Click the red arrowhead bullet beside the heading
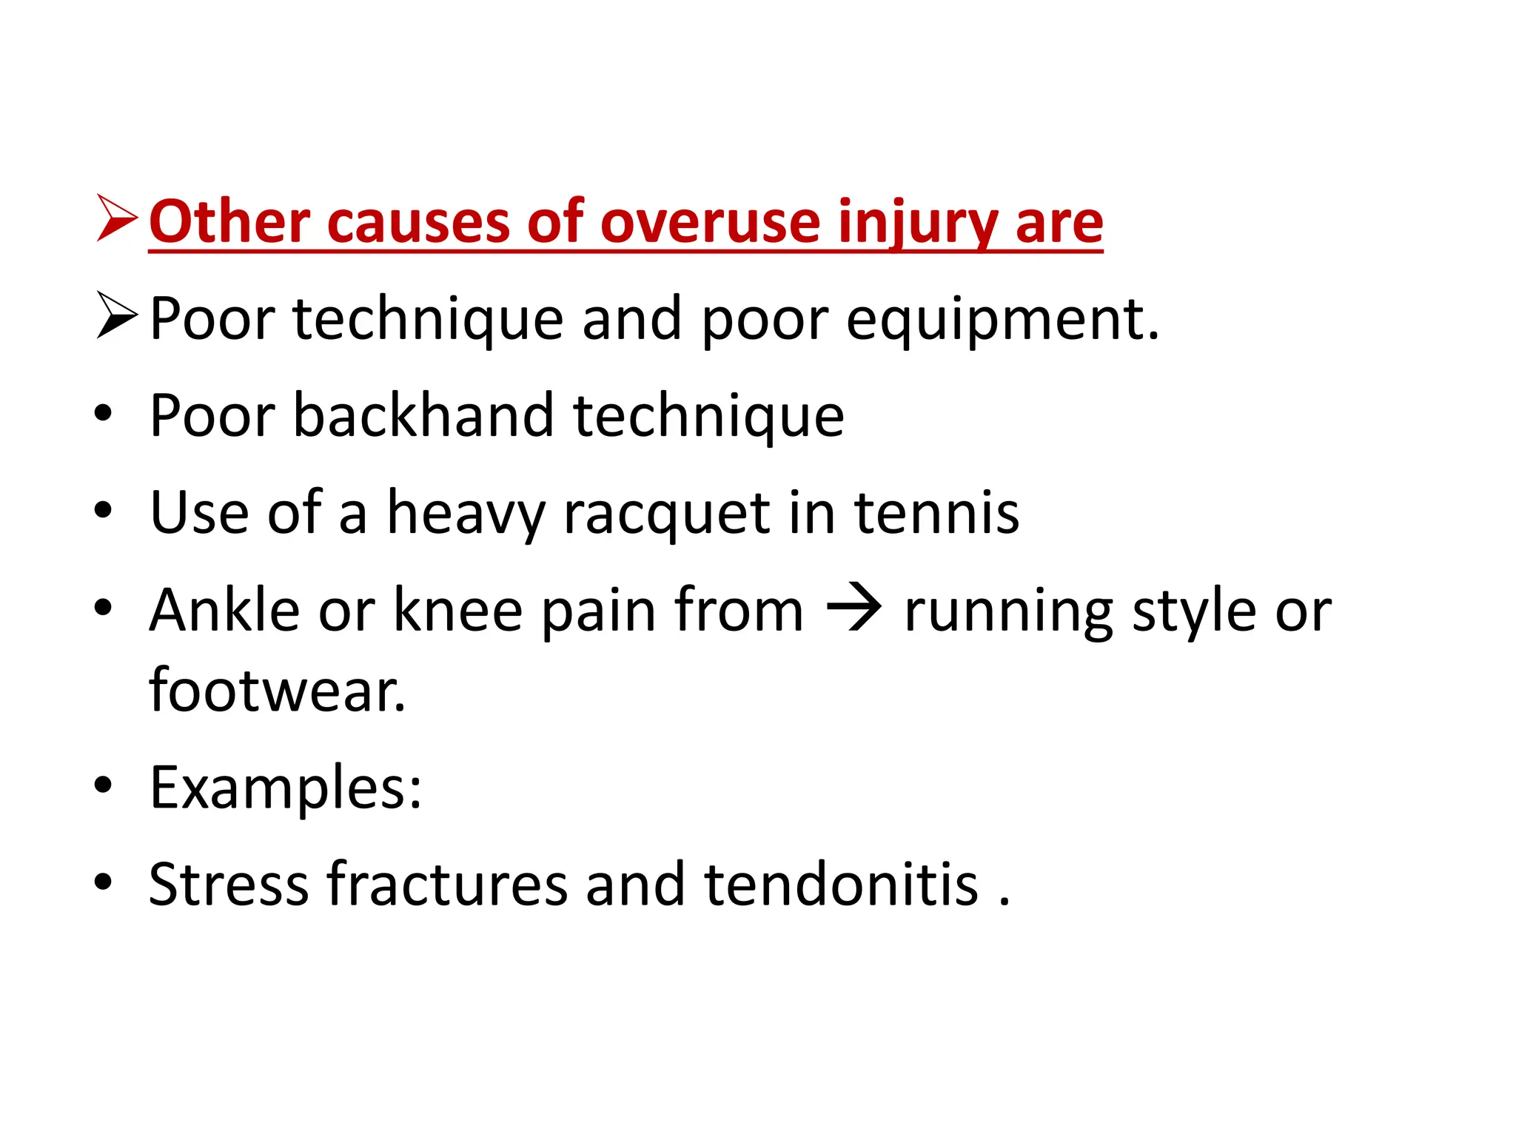[116, 219]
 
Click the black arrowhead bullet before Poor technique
[116, 316]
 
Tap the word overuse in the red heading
[709, 222]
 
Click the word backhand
[423, 415]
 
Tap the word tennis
[936, 512]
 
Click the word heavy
[466, 514]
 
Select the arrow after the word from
[853, 610]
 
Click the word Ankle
[224, 610]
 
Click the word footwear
[278, 691]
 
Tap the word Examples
[285, 788]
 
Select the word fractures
[447, 884]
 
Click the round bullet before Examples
[104, 785]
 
